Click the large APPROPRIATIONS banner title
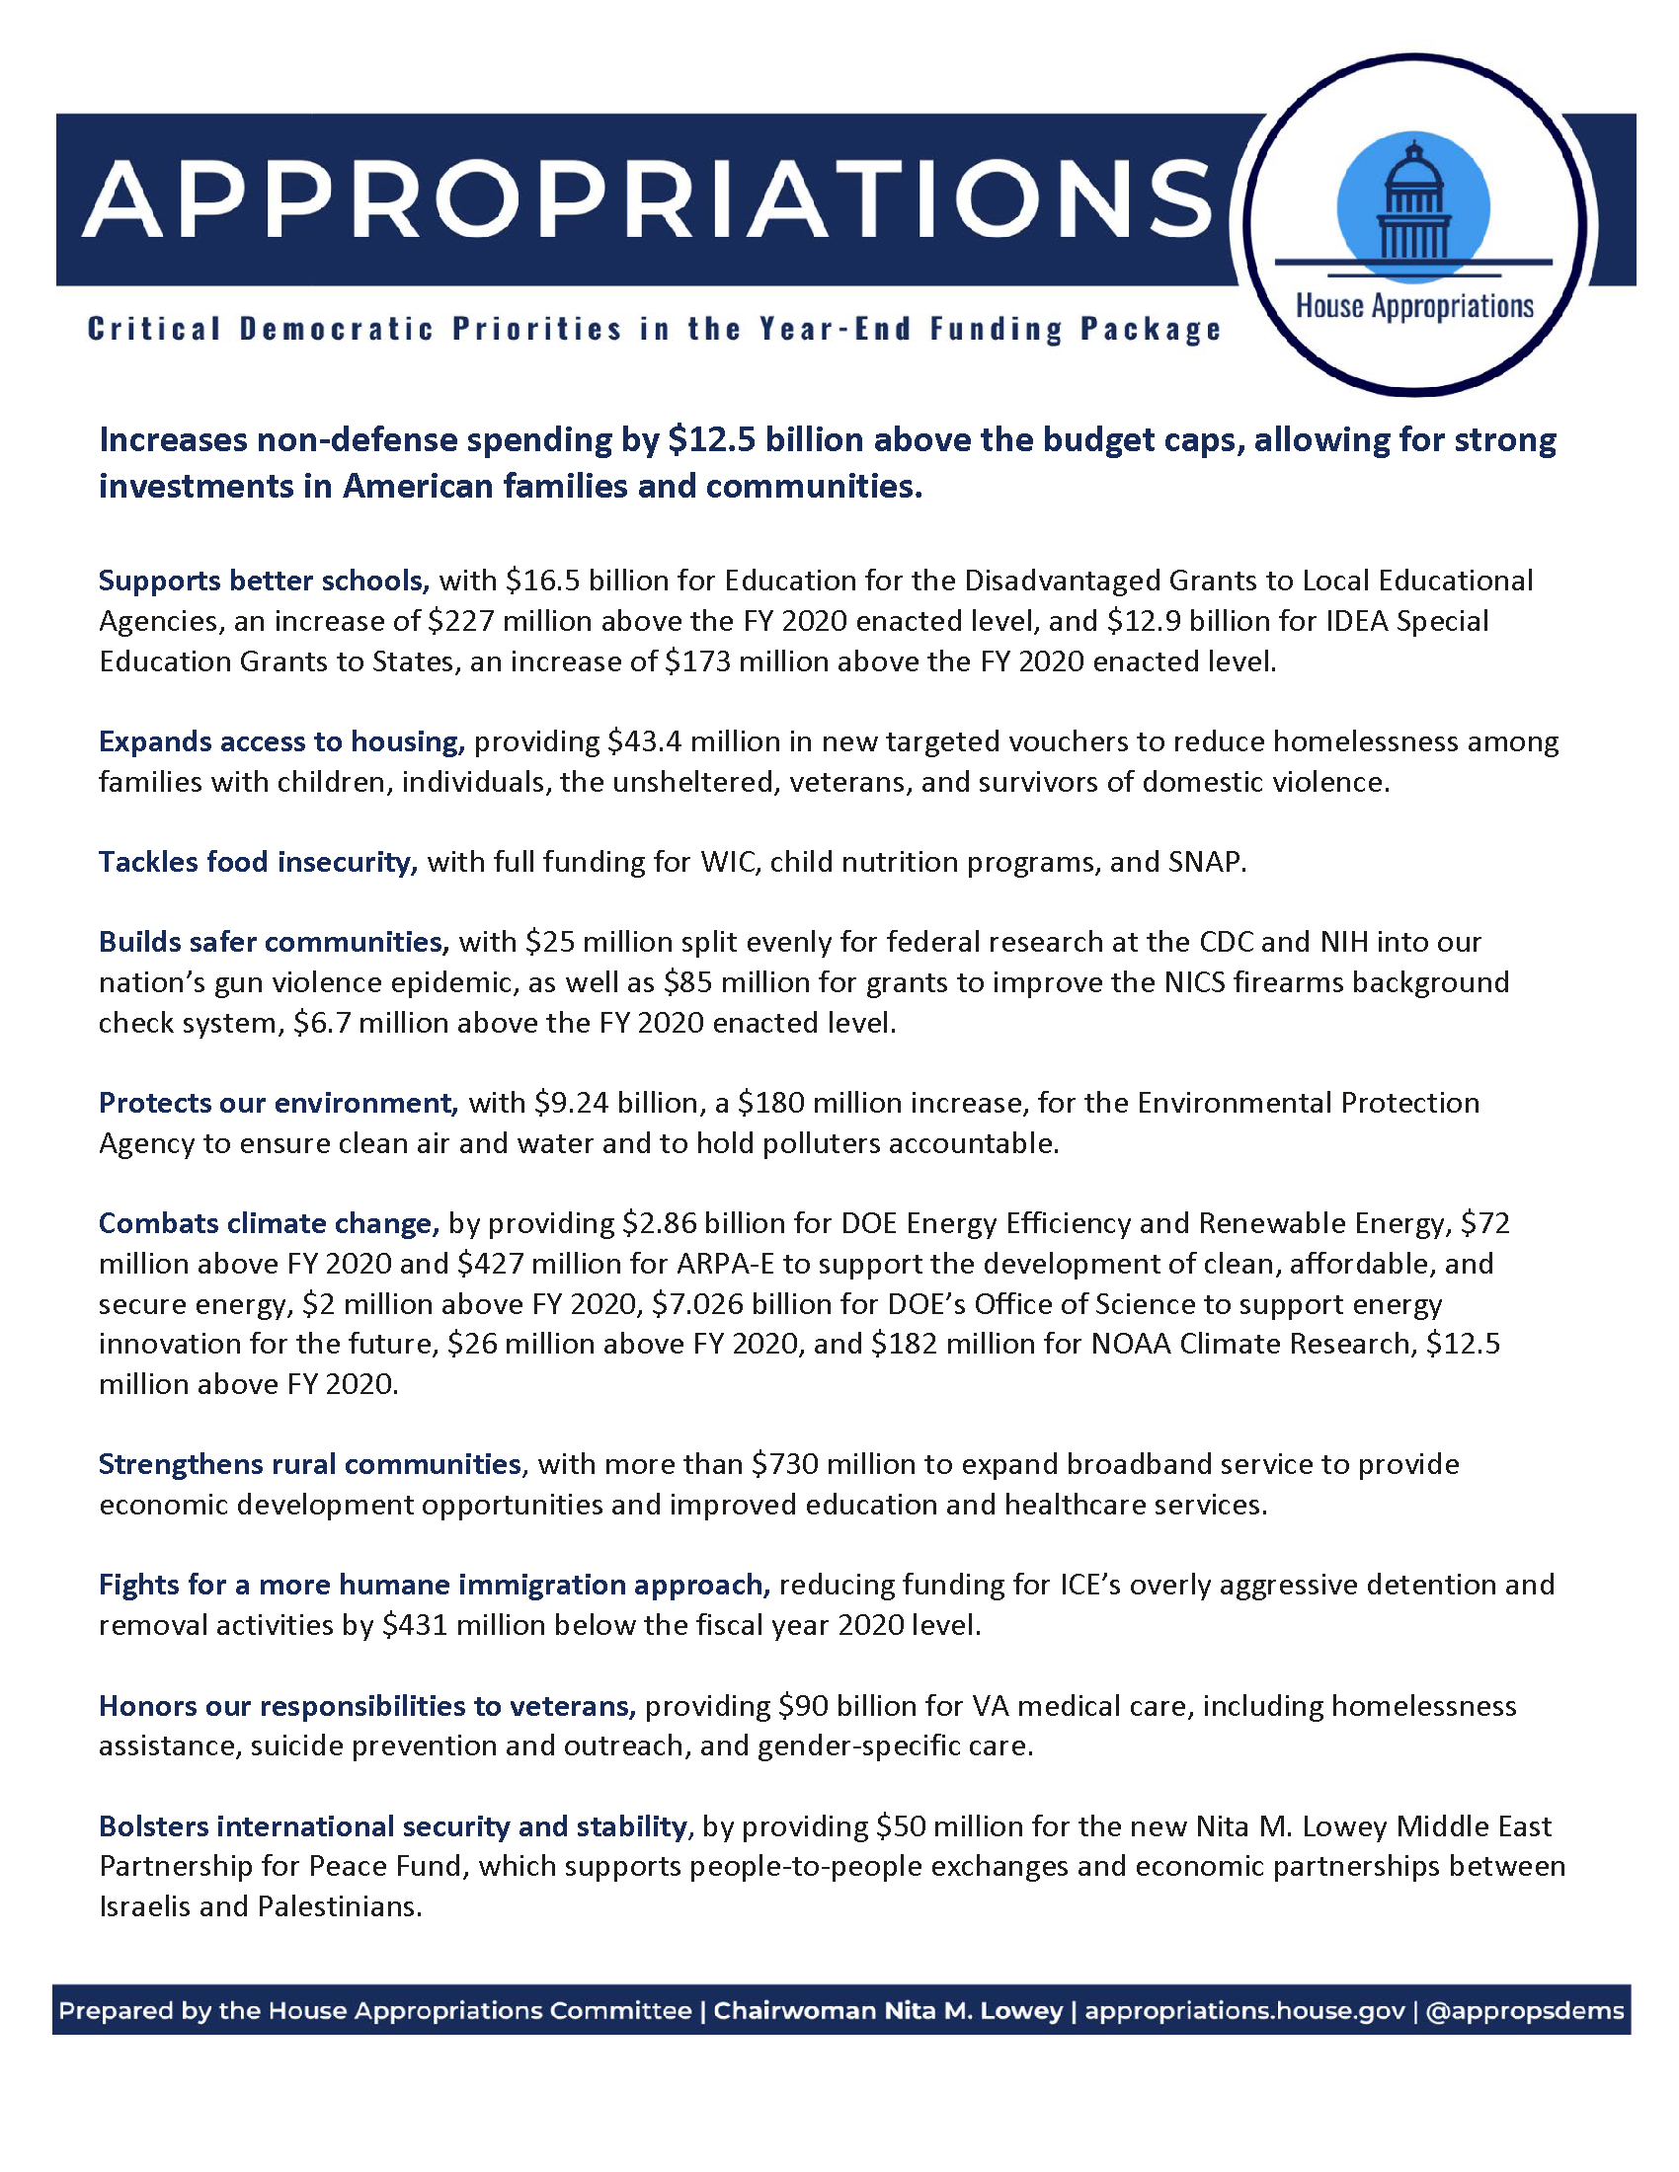(x=647, y=197)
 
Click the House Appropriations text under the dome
(x=1414, y=306)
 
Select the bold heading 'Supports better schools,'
(x=264, y=580)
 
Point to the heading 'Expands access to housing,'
(x=281, y=740)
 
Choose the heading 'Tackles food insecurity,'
(x=258, y=861)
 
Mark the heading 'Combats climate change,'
(x=269, y=1222)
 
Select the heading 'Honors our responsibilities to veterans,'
(x=367, y=1706)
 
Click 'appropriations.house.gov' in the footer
(x=1244, y=2010)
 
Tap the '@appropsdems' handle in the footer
(x=1524, y=2010)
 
